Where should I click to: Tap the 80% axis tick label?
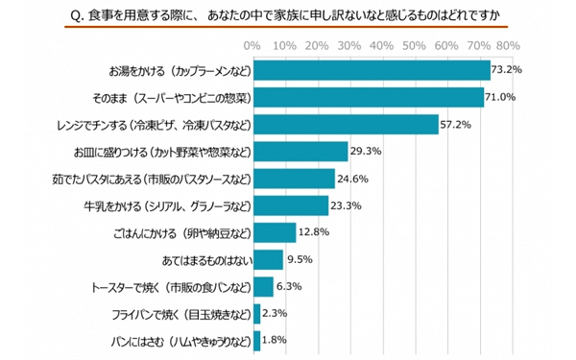[508, 45]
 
